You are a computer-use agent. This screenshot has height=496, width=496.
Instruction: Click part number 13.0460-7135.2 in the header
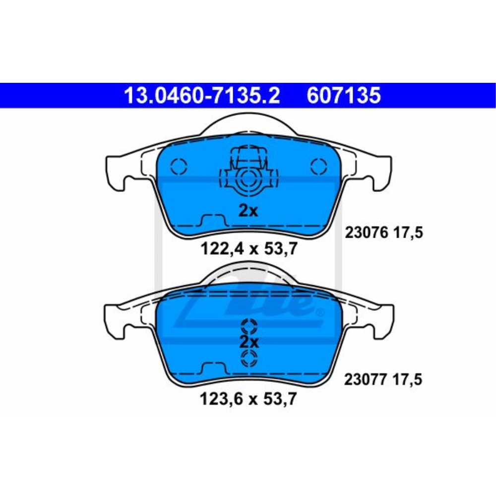(x=202, y=95)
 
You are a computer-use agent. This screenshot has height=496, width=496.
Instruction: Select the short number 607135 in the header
(x=344, y=95)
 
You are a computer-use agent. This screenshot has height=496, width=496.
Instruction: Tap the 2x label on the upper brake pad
(x=248, y=210)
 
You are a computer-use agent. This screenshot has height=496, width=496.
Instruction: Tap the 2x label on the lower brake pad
(x=248, y=342)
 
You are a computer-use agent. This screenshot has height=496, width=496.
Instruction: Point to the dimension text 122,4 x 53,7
(x=249, y=248)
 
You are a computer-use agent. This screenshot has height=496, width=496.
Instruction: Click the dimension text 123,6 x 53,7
(x=248, y=399)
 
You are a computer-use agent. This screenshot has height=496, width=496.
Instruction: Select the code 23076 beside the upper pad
(x=366, y=233)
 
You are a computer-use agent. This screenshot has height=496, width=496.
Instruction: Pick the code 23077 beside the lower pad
(x=366, y=379)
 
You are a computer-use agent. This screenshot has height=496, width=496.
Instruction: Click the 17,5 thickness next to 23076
(x=408, y=233)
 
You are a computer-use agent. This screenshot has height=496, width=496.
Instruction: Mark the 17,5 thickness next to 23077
(x=407, y=379)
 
